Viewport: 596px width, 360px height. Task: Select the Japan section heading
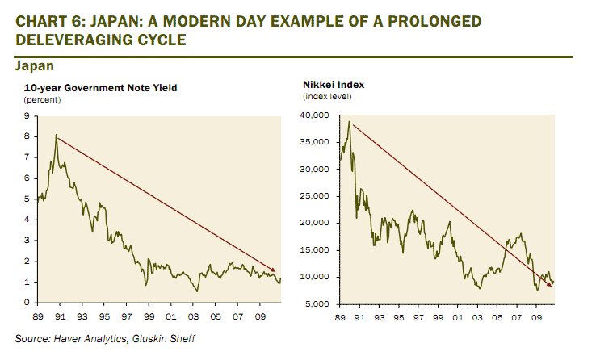[x=35, y=65]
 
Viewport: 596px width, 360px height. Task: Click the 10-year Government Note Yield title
[x=101, y=87]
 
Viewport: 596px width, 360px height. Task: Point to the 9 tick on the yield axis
[x=27, y=115]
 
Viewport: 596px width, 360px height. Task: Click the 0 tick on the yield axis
[x=27, y=303]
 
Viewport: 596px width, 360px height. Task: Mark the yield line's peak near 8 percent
[x=56, y=136]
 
